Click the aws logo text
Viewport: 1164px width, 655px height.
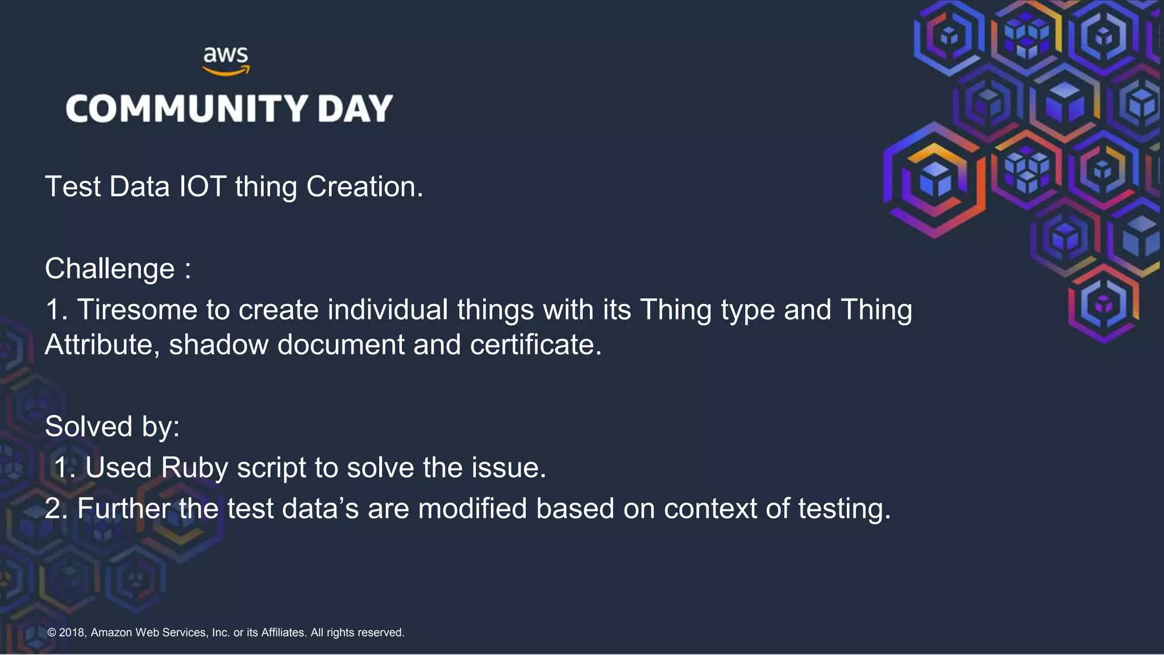point(226,55)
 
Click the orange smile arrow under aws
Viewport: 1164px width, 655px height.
point(226,71)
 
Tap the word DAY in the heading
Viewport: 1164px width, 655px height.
point(355,109)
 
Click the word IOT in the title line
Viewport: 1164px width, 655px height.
point(202,186)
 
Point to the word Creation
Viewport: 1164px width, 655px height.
point(364,186)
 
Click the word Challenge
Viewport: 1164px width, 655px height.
point(110,269)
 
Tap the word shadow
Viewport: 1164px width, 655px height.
point(219,345)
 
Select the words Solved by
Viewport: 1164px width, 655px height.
point(112,426)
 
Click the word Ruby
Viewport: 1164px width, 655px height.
point(194,468)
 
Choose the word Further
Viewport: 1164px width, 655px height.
point(123,508)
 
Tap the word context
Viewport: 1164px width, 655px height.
point(710,508)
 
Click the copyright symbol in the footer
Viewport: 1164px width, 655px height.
point(52,632)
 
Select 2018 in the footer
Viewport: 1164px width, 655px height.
point(72,632)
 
